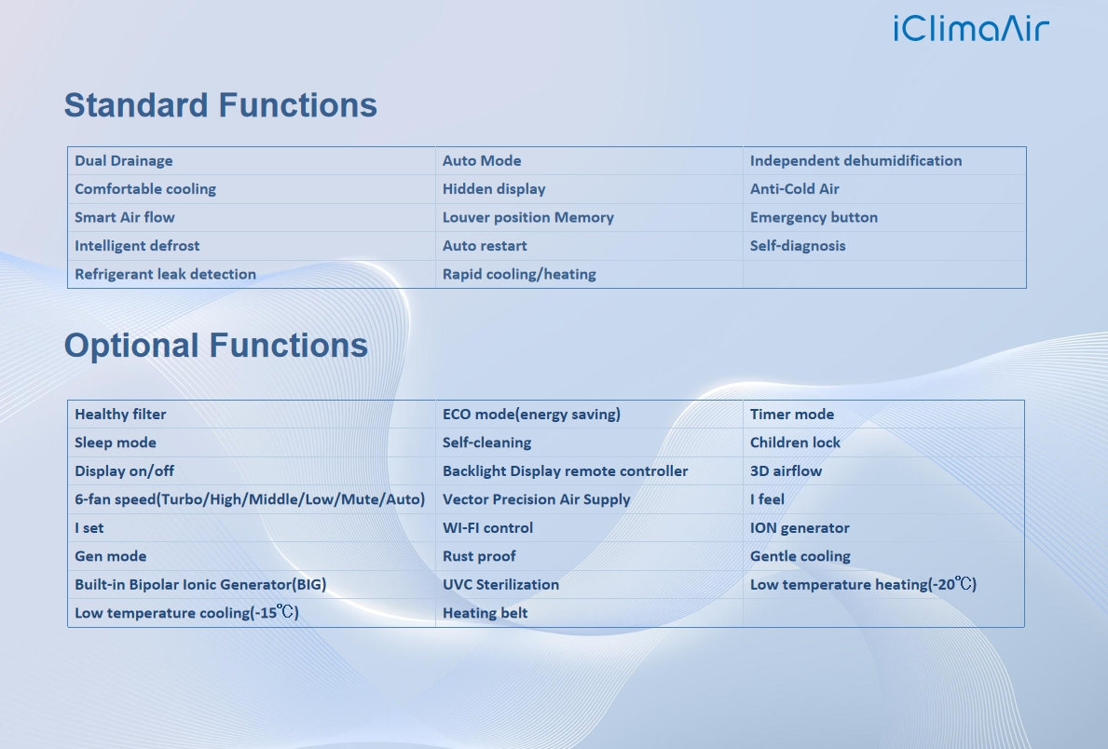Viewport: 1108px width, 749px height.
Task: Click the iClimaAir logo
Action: [971, 28]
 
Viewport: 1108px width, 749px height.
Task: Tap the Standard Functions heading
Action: [221, 105]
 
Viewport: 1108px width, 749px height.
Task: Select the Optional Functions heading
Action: [216, 346]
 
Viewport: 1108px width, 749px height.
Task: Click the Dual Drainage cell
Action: [124, 160]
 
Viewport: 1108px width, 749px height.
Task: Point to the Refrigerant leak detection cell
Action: [165, 274]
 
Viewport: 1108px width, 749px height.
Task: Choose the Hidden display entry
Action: [494, 189]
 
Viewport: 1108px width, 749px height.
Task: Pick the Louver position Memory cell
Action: [527, 218]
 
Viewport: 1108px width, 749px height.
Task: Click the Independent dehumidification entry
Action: [855, 160]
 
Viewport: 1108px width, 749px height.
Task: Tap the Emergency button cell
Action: [814, 218]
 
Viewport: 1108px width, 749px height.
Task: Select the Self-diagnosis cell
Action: [797, 246]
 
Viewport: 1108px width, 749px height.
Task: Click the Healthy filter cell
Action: [120, 414]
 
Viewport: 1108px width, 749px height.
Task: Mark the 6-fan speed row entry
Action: [250, 499]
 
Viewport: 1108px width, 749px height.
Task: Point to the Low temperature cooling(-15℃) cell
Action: [186, 613]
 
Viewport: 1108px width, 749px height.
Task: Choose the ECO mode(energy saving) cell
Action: [531, 414]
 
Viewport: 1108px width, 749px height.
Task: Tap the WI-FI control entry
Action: [487, 528]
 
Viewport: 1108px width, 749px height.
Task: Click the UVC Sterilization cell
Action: [500, 584]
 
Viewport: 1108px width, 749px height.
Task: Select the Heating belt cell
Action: [485, 613]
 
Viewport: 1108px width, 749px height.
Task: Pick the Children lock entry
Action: [795, 443]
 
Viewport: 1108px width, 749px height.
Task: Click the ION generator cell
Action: [800, 528]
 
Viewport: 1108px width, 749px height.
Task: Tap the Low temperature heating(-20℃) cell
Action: [863, 584]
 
